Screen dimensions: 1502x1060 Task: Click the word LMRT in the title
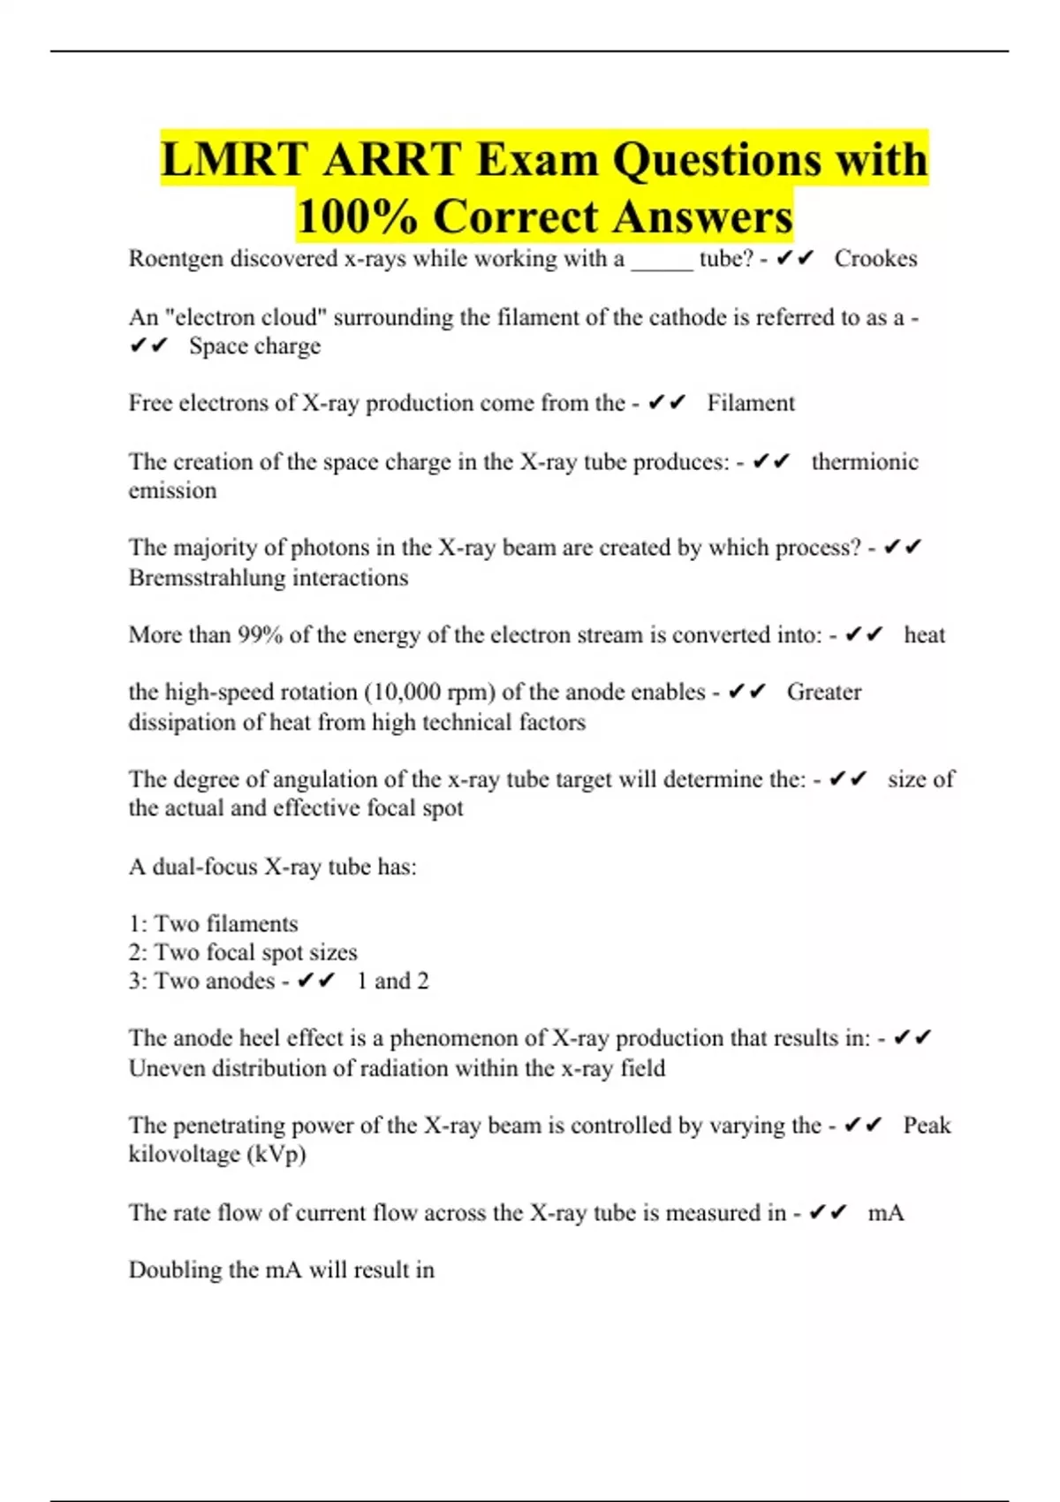click(234, 160)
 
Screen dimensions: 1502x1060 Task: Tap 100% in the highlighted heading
click(357, 216)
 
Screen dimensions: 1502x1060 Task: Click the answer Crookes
click(875, 259)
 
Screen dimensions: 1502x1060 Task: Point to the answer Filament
click(751, 404)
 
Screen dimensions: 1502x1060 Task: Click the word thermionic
click(865, 462)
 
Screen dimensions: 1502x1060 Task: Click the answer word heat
click(924, 635)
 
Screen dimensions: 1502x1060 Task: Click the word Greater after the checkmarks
click(823, 693)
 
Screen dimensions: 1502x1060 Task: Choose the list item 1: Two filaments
click(213, 924)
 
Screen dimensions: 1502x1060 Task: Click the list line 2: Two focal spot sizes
click(243, 952)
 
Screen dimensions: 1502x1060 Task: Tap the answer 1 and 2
click(392, 982)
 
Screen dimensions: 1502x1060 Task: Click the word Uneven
click(167, 1068)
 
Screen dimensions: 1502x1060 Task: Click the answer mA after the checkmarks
click(886, 1213)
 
